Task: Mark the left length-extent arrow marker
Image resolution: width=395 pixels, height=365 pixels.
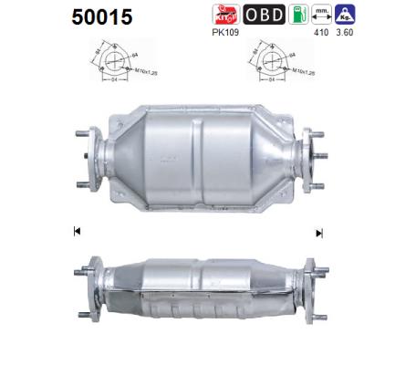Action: [x=76, y=234]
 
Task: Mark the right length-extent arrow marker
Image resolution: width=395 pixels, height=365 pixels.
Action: [x=318, y=234]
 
